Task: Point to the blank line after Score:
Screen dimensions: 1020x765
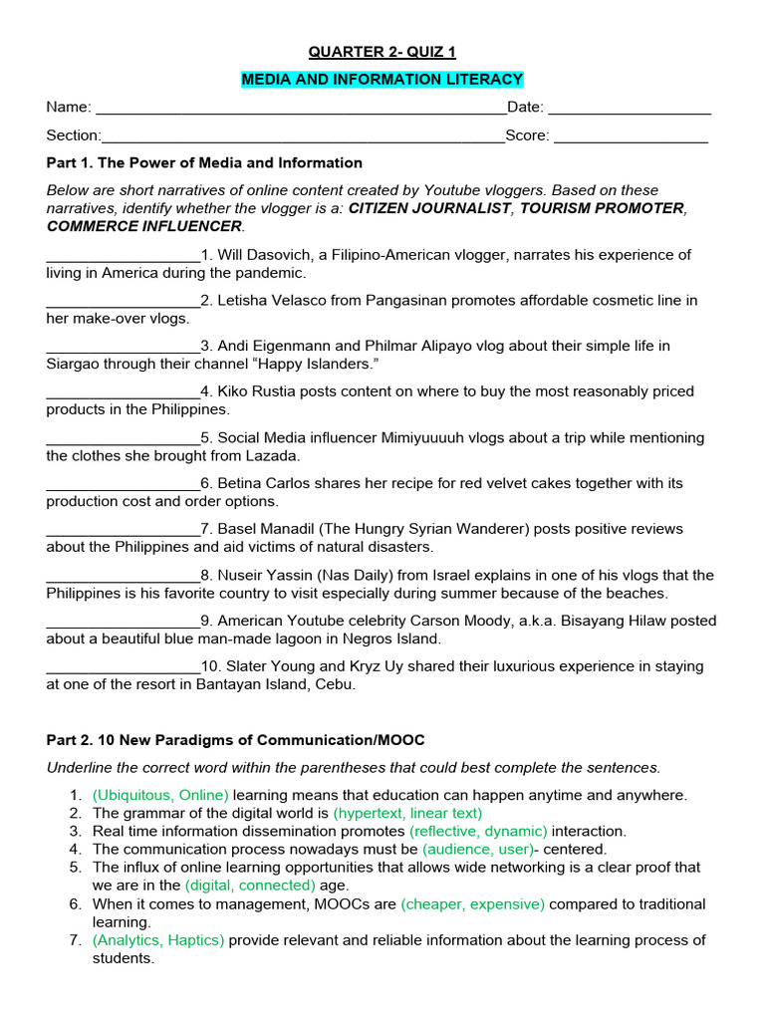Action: pyautogui.click(x=631, y=137)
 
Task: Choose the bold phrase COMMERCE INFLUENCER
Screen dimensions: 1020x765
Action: pyautogui.click(x=144, y=226)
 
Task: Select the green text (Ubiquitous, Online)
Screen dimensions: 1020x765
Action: pyautogui.click(x=160, y=796)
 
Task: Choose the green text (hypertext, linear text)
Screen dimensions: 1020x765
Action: pyautogui.click(x=407, y=814)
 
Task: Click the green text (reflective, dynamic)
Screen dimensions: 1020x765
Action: pyautogui.click(x=478, y=832)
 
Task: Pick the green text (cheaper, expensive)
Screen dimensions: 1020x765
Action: pyautogui.click(x=472, y=904)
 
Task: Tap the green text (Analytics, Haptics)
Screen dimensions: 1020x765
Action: pyautogui.click(x=158, y=940)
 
